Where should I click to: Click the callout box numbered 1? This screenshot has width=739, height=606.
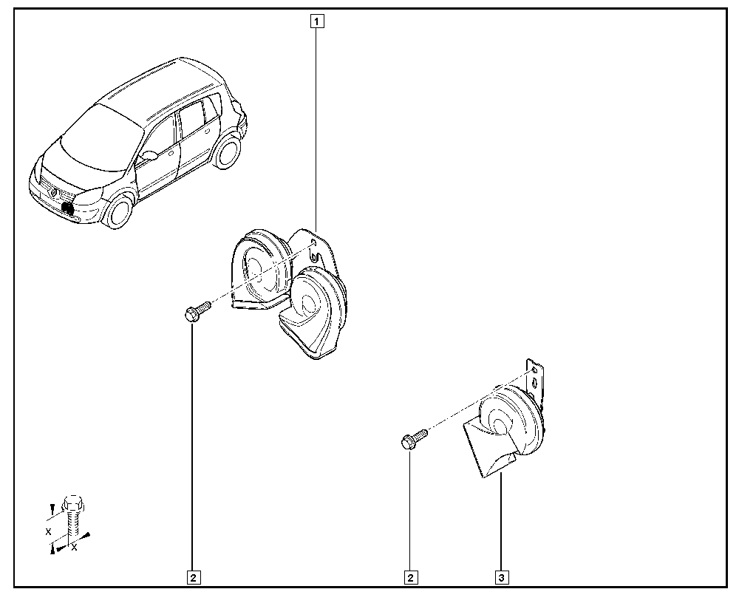tap(317, 21)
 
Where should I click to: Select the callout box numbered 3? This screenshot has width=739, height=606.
tap(502, 577)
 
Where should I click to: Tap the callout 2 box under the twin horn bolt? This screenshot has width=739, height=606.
tap(194, 577)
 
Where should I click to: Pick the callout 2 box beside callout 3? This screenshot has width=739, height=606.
tap(410, 577)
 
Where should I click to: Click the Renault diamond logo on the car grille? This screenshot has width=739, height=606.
tap(54, 192)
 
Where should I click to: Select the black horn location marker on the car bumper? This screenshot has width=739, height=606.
tap(68, 208)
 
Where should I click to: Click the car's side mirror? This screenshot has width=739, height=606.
tap(149, 155)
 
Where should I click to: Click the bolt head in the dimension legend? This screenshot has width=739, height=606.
tap(73, 504)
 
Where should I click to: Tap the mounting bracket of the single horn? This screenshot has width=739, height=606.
tap(534, 381)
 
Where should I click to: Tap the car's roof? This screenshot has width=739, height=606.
tap(155, 91)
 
